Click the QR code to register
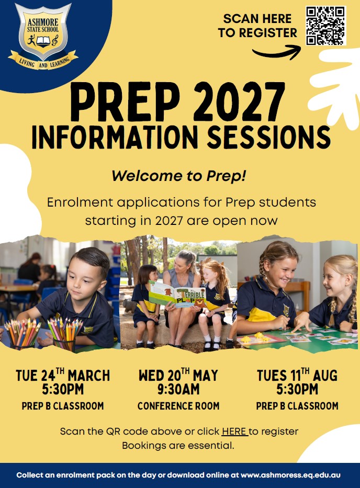point(325,26)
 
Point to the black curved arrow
point(276,52)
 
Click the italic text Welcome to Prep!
point(178,176)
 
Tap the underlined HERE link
point(234,432)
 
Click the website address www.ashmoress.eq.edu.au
point(291,475)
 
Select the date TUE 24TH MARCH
point(63,376)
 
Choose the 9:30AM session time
point(178,390)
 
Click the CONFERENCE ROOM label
point(178,406)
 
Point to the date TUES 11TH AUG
point(297,376)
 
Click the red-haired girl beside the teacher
point(215,293)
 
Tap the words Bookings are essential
point(178,446)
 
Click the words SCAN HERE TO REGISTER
point(257,26)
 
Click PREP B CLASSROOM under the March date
point(63,406)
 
